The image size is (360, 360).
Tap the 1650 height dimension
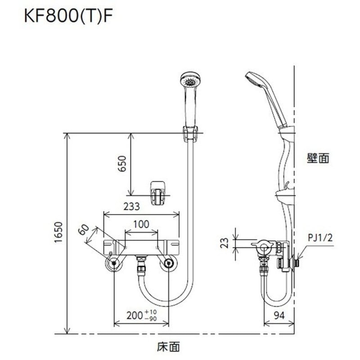pyautogui.click(x=59, y=234)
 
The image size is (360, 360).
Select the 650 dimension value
pyautogui.click(x=122, y=164)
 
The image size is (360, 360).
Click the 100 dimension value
pyautogui.click(x=141, y=224)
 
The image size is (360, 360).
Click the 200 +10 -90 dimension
pyautogui.click(x=140, y=315)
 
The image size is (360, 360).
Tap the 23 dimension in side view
pyautogui.click(x=228, y=244)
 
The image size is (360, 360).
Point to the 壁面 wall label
pyautogui.click(x=319, y=158)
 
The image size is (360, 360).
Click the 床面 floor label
pyautogui.click(x=169, y=346)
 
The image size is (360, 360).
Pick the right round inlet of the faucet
pyautogui.click(x=169, y=264)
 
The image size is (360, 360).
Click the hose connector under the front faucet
pyautogui.click(x=141, y=266)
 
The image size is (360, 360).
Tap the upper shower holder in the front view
pyautogui.click(x=191, y=134)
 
